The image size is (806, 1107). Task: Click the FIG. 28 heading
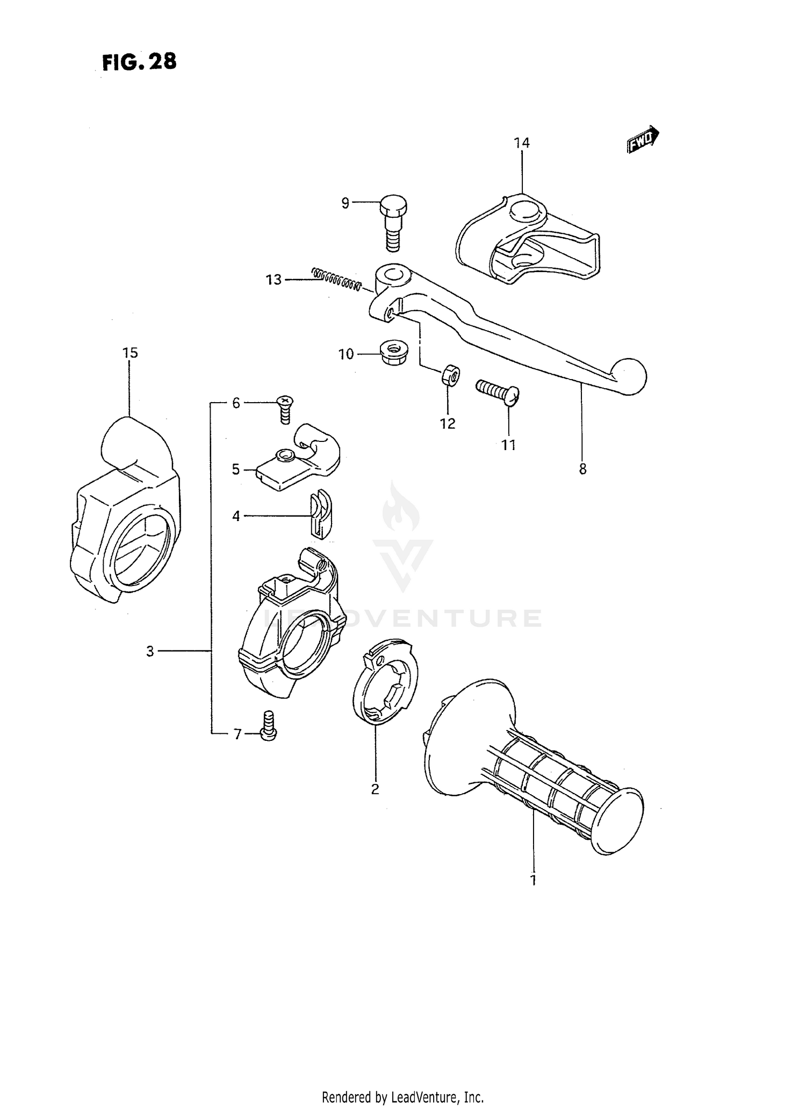pos(139,63)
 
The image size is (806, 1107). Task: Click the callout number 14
pos(521,142)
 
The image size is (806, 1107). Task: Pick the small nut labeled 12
pos(450,374)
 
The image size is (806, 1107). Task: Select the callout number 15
pos(130,353)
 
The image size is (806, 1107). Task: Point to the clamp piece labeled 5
pos(298,463)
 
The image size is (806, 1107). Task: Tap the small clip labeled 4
pos(320,514)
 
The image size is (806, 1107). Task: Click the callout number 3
pos(150,651)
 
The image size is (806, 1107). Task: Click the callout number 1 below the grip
pos(533,880)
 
